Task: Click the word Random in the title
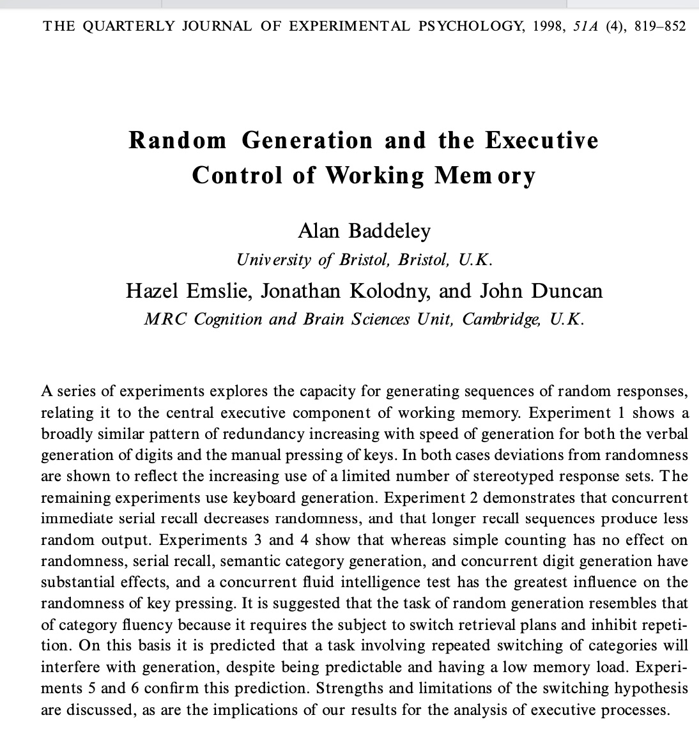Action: [178, 140]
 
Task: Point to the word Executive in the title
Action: [542, 140]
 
